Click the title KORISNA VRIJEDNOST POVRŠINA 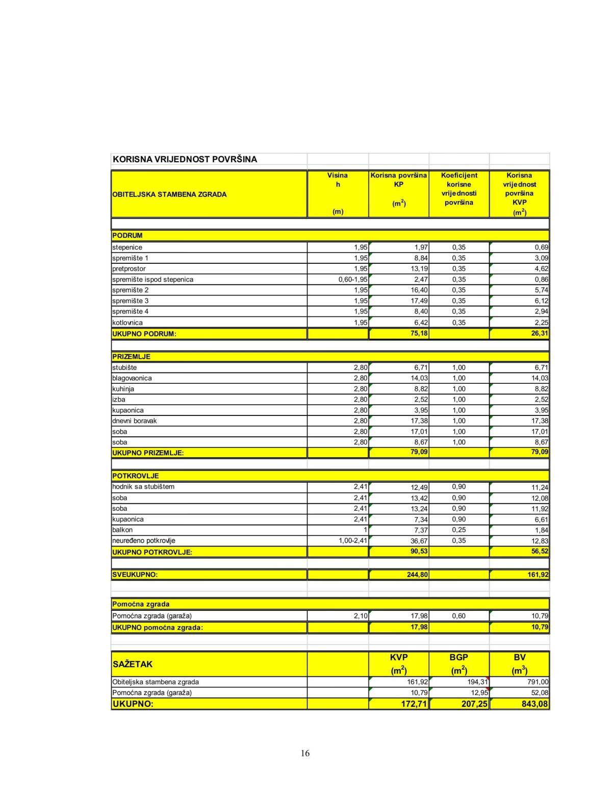tap(185, 159)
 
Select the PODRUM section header tap(127, 236)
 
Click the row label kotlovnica tap(127, 323)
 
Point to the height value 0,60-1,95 tap(353, 280)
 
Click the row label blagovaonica tap(132, 378)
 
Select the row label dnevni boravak tap(135, 421)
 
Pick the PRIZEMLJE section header tap(132, 357)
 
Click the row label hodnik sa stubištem tap(143, 487)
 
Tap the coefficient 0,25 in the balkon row tap(458, 530)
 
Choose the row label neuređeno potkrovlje tap(144, 540)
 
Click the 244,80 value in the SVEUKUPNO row tap(417, 575)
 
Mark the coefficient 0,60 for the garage tap(458, 616)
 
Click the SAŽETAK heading tap(133, 664)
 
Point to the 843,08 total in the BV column tap(535, 704)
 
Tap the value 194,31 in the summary tap(477, 682)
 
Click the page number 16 tap(305, 753)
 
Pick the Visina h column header tap(338, 180)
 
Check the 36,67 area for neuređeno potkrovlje tap(419, 541)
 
